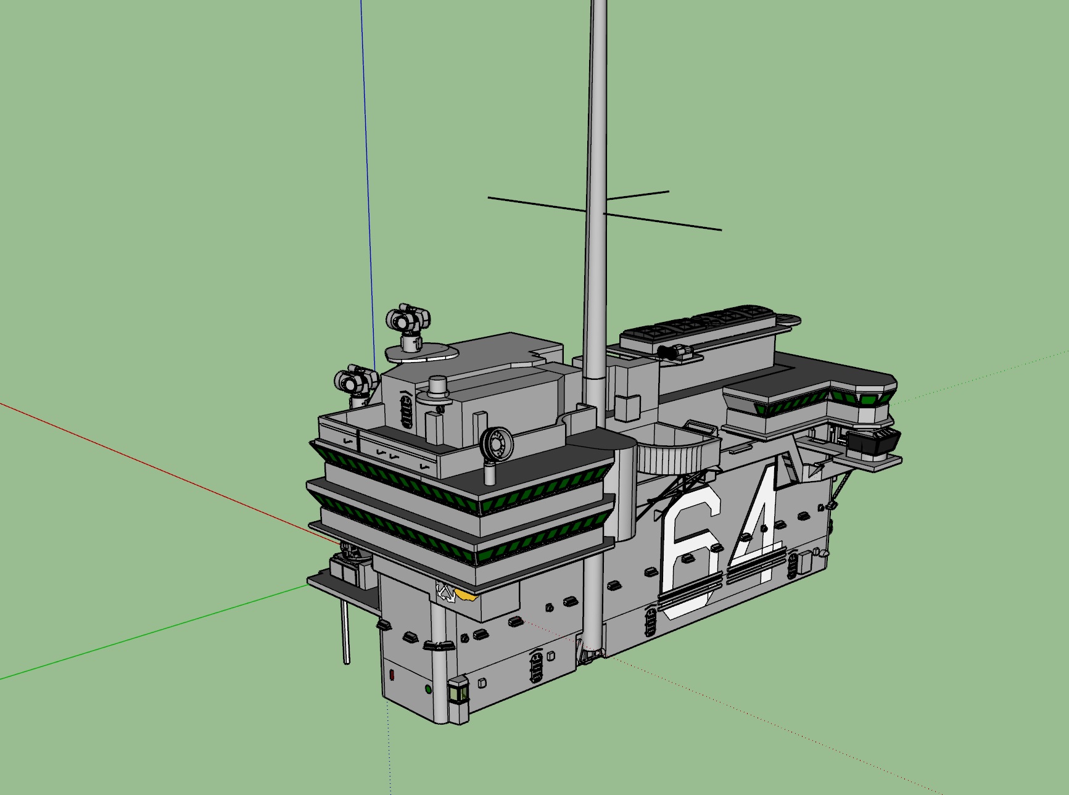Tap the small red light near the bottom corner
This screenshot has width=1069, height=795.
click(392, 675)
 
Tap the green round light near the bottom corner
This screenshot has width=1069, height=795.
click(428, 689)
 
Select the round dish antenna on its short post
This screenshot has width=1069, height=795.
click(496, 444)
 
